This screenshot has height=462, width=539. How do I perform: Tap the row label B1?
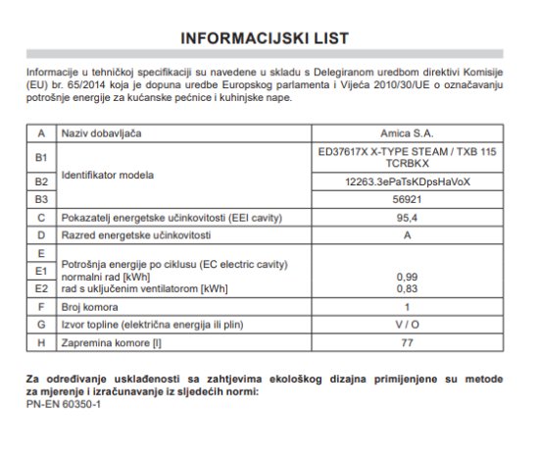tap(40, 157)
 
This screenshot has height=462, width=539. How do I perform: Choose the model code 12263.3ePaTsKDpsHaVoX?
tap(408, 182)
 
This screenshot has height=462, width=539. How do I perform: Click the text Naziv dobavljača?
tap(106, 132)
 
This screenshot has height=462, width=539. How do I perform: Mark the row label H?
tap(40, 343)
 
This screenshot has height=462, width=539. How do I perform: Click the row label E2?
tap(40, 290)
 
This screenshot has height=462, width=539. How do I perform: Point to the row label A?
tap(40, 132)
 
